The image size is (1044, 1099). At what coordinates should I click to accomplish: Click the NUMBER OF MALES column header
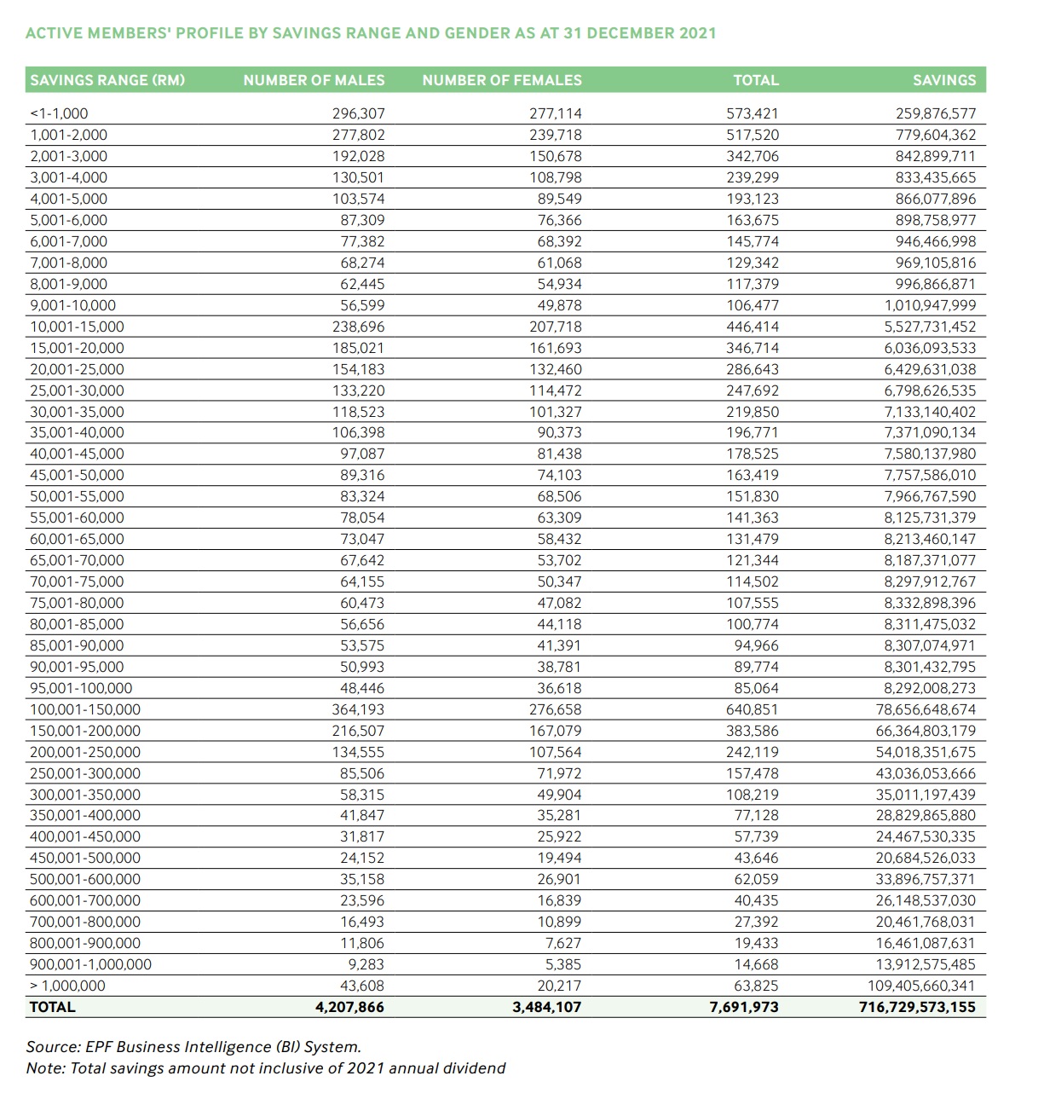click(x=314, y=80)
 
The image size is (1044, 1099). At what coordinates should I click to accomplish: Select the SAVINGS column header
click(x=944, y=80)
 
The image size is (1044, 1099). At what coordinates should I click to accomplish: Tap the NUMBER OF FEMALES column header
click(x=502, y=80)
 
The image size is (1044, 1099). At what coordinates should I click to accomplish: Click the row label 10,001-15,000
click(x=77, y=327)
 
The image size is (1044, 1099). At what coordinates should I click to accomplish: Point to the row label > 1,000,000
click(x=67, y=986)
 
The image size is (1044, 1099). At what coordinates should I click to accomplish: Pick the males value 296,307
click(x=358, y=113)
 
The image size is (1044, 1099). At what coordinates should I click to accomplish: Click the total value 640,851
click(x=752, y=709)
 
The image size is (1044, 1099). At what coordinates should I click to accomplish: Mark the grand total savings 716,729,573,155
click(x=917, y=1007)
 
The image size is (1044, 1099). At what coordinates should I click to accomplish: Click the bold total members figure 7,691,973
click(x=744, y=1007)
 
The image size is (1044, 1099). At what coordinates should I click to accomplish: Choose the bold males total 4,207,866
click(x=349, y=1007)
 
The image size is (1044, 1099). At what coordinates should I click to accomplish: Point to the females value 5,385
click(x=563, y=964)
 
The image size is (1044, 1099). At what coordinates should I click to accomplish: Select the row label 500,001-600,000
click(x=85, y=879)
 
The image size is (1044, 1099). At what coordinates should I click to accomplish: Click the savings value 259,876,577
click(x=936, y=113)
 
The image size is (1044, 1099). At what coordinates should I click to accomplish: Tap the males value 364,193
click(x=358, y=709)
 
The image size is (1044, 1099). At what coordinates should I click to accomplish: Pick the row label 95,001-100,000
click(x=81, y=688)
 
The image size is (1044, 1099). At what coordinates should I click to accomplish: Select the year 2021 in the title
click(x=697, y=33)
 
